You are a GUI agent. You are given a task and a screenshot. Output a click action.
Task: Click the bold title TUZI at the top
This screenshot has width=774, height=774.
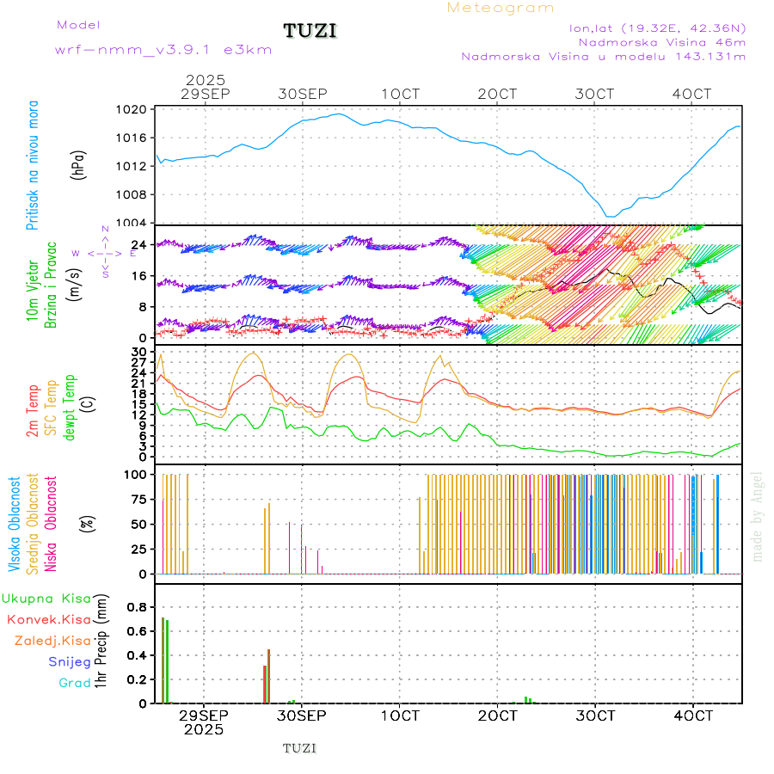(310, 31)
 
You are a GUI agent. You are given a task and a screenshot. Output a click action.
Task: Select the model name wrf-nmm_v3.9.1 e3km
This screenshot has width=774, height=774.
(163, 49)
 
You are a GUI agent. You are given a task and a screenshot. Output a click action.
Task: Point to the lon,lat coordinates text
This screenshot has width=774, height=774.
(657, 28)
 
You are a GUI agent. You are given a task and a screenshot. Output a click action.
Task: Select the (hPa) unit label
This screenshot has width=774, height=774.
(78, 165)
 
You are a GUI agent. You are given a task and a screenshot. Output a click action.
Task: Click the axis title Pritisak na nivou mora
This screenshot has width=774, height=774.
(32, 165)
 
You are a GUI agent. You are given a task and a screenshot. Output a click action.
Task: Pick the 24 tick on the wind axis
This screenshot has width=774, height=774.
(138, 245)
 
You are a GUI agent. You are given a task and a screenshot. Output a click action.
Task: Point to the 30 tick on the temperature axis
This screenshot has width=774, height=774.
(138, 352)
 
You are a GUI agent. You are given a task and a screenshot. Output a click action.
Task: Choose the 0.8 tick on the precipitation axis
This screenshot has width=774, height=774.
(138, 607)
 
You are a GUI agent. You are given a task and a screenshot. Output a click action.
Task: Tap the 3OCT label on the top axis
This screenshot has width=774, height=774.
(595, 93)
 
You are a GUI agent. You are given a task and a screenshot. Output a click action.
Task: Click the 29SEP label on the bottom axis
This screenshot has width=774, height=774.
(204, 715)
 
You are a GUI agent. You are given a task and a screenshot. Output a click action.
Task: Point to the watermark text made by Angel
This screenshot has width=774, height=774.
(757, 516)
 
